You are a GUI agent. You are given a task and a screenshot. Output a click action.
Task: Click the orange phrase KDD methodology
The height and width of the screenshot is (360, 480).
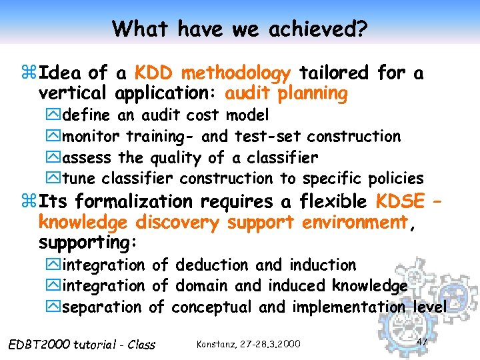212,73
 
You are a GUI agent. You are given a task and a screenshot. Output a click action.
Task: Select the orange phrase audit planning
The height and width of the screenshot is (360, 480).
287,93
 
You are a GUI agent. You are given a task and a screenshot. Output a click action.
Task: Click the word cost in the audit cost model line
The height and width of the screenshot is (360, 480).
203,115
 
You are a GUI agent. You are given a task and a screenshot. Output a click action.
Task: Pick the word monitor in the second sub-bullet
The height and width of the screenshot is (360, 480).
91,137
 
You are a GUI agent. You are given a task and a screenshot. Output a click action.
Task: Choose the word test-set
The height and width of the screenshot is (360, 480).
268,137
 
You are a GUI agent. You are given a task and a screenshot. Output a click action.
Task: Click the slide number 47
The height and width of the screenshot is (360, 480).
421,341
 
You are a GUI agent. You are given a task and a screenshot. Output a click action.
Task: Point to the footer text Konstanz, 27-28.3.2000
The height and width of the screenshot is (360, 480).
249,344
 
